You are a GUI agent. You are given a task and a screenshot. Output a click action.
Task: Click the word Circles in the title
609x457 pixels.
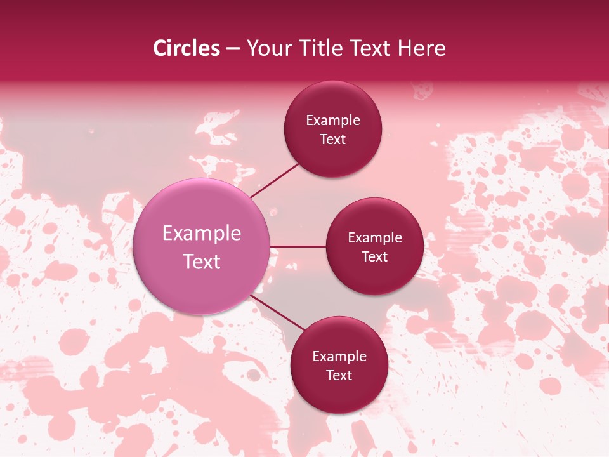[187, 48]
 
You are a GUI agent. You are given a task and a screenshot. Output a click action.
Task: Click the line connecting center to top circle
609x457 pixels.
[275, 180]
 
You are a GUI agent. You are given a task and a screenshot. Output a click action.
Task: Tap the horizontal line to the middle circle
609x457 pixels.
[298, 246]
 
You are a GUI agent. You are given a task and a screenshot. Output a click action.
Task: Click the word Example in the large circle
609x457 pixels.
[202, 234]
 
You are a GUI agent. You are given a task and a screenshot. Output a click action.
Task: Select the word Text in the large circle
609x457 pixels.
[202, 262]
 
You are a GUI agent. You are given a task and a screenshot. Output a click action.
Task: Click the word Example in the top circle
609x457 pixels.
[333, 121]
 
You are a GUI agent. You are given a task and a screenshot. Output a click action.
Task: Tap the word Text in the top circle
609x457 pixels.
[333, 140]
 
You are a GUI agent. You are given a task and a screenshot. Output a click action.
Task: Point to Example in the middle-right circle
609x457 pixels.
[375, 238]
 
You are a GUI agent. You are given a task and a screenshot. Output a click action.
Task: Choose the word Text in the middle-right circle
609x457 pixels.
[375, 257]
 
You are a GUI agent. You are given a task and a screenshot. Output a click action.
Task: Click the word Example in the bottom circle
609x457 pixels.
[339, 357]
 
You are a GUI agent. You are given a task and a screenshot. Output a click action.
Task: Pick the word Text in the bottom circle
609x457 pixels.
[339, 376]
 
